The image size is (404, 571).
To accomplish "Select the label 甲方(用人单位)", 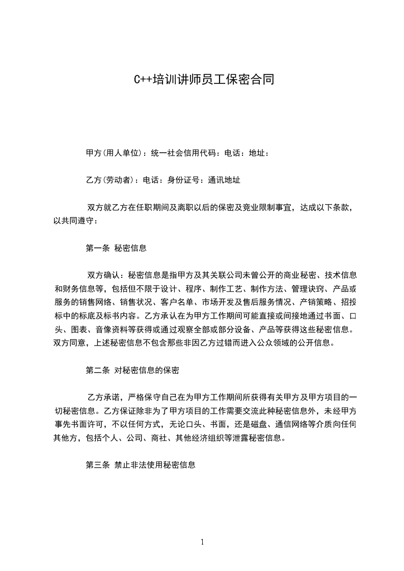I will coord(114,152).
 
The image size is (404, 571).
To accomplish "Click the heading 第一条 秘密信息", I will coord(116,248).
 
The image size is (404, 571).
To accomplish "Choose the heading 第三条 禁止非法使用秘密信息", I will coord(141,465).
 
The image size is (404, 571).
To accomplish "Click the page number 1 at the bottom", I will coord(202,542).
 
